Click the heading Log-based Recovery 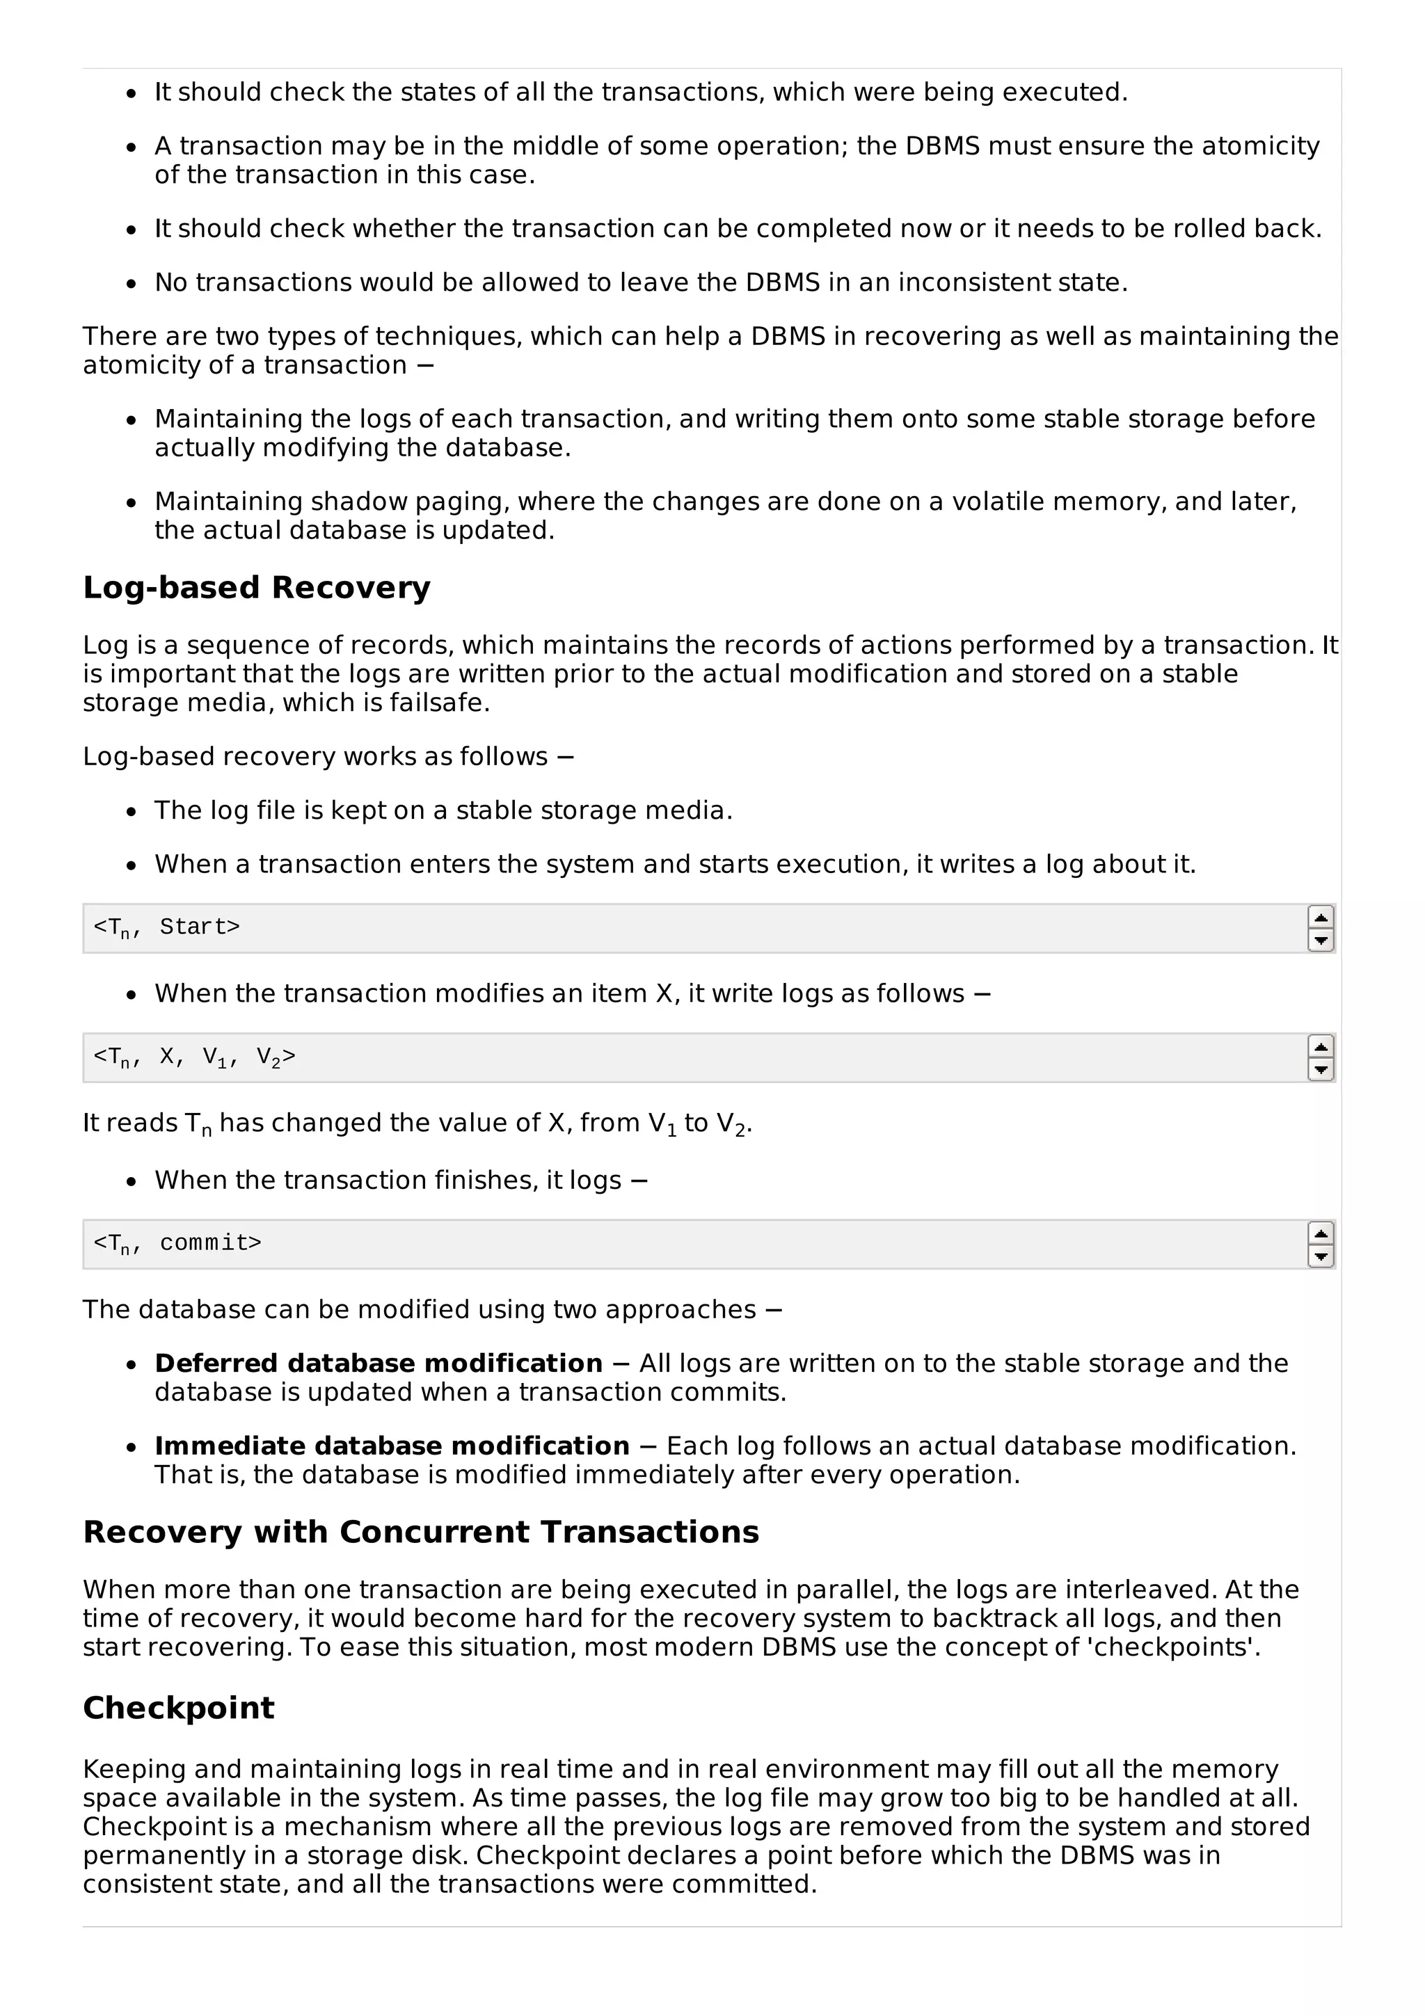[x=256, y=587]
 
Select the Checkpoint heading [x=178, y=1708]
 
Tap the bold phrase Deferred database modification [x=379, y=1363]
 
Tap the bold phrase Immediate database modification [x=392, y=1446]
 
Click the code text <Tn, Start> [x=167, y=927]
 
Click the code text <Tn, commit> [x=177, y=1243]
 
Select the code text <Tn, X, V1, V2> [x=194, y=1057]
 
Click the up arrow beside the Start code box [x=1321, y=918]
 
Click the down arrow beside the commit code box [x=1321, y=1256]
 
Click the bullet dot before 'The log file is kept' [x=132, y=813]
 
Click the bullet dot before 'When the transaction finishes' [x=132, y=1182]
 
